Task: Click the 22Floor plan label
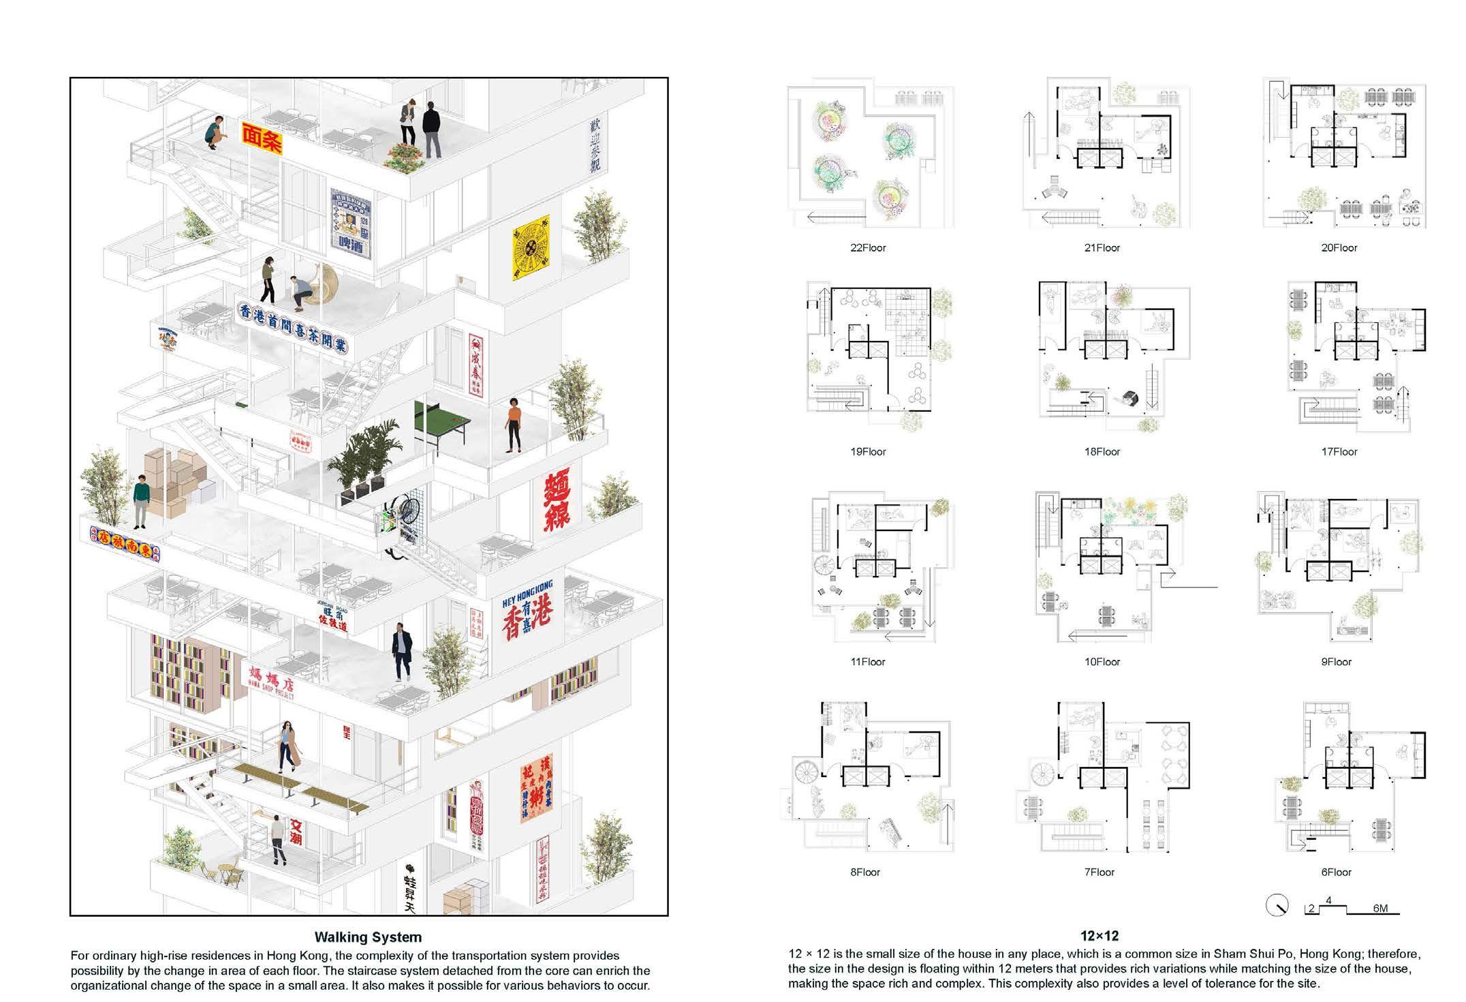(867, 248)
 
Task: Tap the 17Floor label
(1339, 452)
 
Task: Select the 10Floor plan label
(1102, 662)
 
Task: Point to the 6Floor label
(1335, 872)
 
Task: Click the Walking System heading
(368, 937)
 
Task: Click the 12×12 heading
(1099, 937)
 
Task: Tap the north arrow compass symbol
(1277, 906)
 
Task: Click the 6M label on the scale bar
(1380, 909)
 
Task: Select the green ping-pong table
(443, 421)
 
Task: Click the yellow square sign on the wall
(530, 247)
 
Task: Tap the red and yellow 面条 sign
(262, 138)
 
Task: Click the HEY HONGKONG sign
(527, 610)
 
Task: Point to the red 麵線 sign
(561, 500)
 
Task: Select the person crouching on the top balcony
(215, 133)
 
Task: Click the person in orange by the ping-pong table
(514, 425)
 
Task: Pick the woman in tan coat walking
(290, 746)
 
